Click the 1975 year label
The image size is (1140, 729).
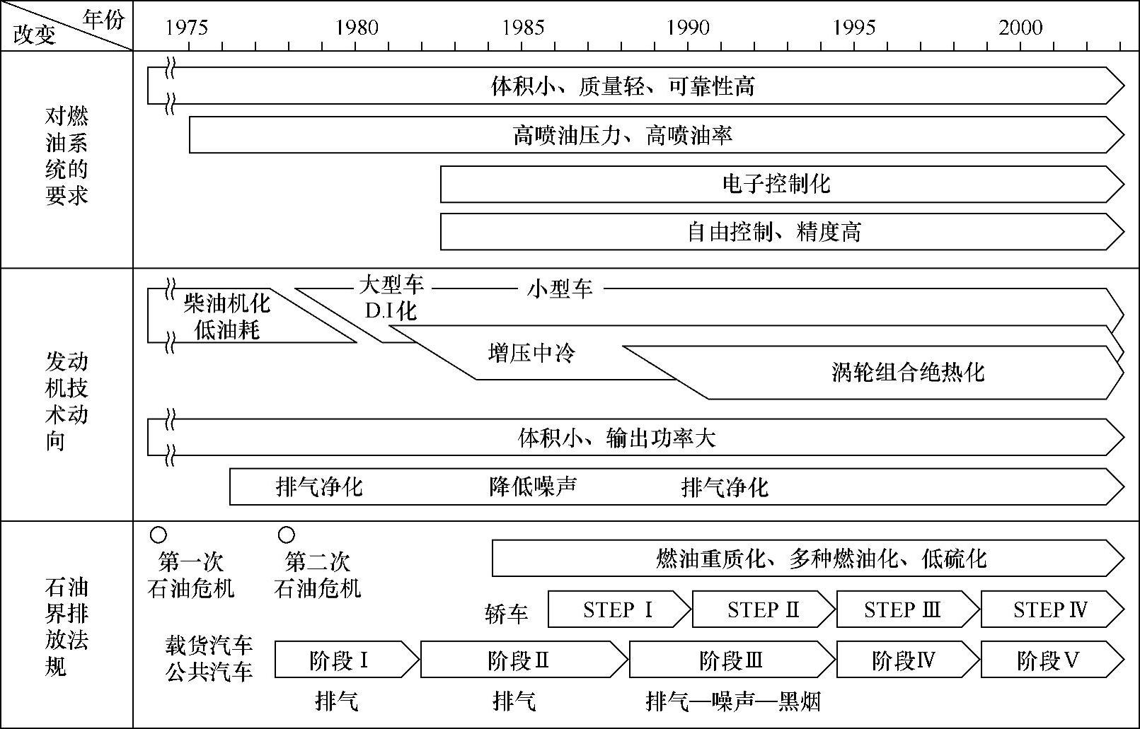pyautogui.click(x=187, y=28)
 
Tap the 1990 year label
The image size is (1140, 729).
pyautogui.click(x=688, y=28)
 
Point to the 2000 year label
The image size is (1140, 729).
pyautogui.click(x=1020, y=28)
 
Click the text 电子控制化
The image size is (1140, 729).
pyautogui.click(x=776, y=185)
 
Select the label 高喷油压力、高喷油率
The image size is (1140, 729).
pyautogui.click(x=623, y=135)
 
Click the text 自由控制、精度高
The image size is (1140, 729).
pyautogui.click(x=774, y=233)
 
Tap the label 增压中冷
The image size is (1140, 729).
pyautogui.click(x=531, y=353)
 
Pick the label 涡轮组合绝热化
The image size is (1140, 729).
pyautogui.click(x=908, y=373)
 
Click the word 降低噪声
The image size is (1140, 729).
pyautogui.click(x=533, y=487)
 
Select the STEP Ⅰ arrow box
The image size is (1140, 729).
pyautogui.click(x=618, y=610)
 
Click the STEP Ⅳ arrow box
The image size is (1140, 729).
pyautogui.click(x=1050, y=610)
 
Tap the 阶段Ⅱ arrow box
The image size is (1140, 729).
pyautogui.click(x=519, y=661)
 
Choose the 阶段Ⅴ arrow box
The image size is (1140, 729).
pyautogui.click(x=1048, y=661)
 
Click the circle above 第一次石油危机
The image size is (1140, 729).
pyautogui.click(x=159, y=535)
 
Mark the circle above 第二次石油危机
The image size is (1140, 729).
pyautogui.click(x=287, y=535)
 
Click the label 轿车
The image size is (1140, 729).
pyautogui.click(x=507, y=614)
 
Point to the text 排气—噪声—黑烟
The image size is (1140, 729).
pyautogui.click(x=733, y=702)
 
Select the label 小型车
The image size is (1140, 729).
pyautogui.click(x=560, y=289)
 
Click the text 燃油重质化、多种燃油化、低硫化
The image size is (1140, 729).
pyautogui.click(x=821, y=559)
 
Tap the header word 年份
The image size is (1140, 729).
pyautogui.click(x=103, y=19)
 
